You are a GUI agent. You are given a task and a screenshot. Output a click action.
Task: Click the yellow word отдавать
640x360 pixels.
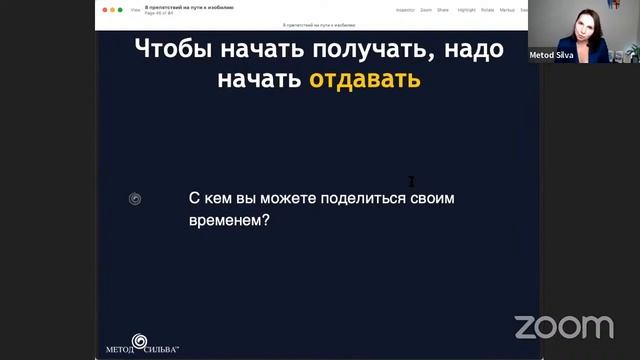click(365, 79)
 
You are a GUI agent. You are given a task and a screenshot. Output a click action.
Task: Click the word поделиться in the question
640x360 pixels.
click(363, 198)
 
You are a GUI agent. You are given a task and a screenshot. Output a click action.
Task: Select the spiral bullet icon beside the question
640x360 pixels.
click(135, 199)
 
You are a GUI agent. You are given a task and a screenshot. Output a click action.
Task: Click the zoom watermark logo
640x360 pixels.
click(564, 326)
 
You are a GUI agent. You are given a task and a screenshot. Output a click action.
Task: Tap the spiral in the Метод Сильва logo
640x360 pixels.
click(139, 340)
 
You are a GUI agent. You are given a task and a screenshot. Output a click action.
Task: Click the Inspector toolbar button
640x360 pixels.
click(405, 9)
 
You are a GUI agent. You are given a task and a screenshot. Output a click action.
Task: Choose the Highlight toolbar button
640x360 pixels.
click(466, 9)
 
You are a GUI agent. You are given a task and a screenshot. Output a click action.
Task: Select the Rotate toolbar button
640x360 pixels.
click(487, 9)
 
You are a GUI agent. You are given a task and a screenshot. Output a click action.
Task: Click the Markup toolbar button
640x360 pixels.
click(508, 9)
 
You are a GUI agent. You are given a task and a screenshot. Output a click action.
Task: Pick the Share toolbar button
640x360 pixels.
click(443, 9)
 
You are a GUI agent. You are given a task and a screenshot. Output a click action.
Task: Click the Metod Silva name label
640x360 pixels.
click(551, 56)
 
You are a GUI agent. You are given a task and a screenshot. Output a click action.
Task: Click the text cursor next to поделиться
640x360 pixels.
click(411, 181)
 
